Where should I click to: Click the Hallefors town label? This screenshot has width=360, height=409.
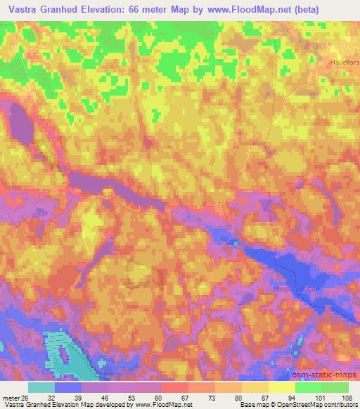pos(345,62)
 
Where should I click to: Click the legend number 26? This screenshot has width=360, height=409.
pos(27,398)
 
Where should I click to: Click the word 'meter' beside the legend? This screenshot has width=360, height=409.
pos(12,398)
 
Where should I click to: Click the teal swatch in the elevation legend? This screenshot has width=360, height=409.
pos(41,387)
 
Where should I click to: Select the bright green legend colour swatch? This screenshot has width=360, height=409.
pos(308,387)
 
